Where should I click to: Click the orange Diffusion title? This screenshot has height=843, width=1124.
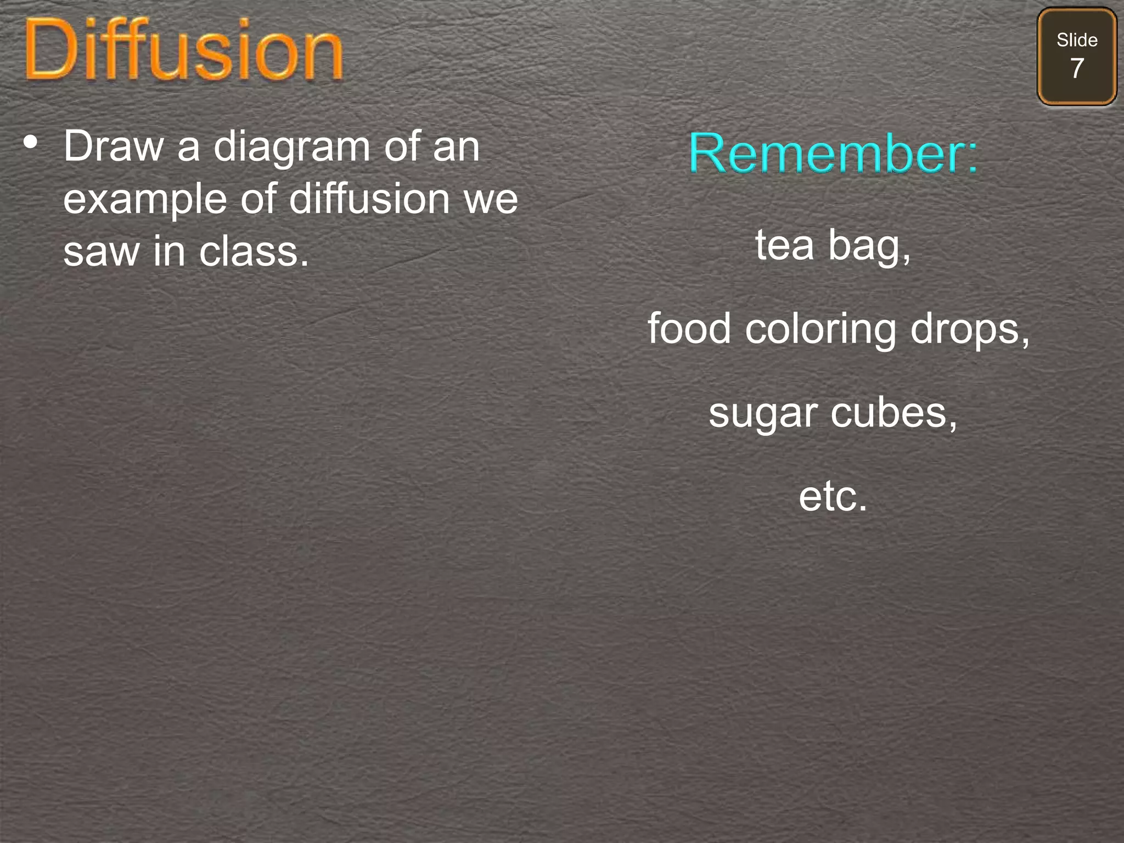184,50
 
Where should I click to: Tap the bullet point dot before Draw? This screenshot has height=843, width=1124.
31,142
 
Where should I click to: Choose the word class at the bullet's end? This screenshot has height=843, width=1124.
254,251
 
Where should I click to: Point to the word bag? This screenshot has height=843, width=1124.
869,246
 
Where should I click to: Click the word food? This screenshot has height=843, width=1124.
689,328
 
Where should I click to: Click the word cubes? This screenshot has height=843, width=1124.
893,413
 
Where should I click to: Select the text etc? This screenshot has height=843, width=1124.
833,496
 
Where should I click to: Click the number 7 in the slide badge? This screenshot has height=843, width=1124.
1077,69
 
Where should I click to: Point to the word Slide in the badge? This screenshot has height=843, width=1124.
1077,40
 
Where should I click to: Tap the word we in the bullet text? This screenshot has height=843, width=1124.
491,199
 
